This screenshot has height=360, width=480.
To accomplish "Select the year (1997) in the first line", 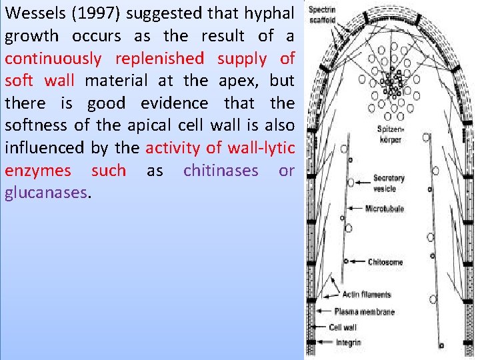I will coord(100,13).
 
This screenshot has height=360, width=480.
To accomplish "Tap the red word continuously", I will coord(53,59).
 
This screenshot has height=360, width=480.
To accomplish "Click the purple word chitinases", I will coord(221,171).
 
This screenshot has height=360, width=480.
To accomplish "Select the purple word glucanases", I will coord(46,193).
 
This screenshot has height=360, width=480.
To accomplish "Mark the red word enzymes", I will coord(37,171).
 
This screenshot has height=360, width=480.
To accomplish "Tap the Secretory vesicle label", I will coord(389,183).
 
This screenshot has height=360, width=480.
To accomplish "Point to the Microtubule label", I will coord(385,209).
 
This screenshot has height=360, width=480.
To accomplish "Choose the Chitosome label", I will coord(385,262).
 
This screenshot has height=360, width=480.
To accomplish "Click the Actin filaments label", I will coord(367,295).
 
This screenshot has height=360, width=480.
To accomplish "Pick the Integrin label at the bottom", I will coord(348,343).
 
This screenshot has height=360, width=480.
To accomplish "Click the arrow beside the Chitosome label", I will coord(356,262).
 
